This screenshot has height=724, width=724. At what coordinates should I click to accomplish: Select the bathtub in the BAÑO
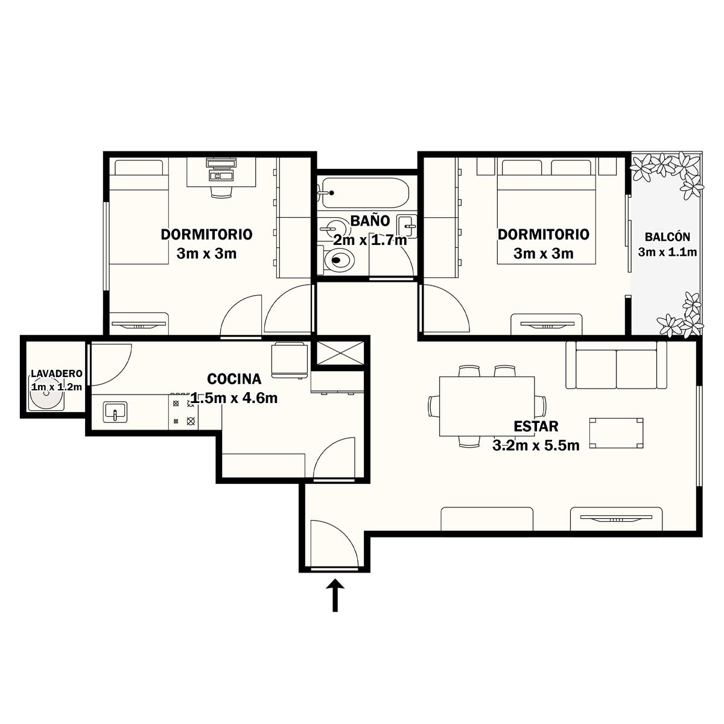(x=365, y=192)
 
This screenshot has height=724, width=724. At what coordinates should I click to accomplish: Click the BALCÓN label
(x=667, y=237)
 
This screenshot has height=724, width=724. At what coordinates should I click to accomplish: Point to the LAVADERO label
(x=57, y=373)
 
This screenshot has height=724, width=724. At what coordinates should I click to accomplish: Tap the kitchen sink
(x=115, y=412)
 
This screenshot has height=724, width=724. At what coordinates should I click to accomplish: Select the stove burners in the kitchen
(x=184, y=412)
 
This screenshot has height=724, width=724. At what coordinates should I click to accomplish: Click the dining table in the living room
(x=487, y=407)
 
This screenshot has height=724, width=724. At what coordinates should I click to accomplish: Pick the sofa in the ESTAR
(x=616, y=365)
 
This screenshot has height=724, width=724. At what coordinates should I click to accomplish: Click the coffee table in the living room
(x=616, y=433)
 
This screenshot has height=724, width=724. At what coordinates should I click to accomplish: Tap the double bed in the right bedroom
(x=547, y=211)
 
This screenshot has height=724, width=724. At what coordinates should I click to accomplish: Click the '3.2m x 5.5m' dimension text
(x=536, y=446)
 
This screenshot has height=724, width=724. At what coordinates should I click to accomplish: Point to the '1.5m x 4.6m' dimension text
(x=234, y=398)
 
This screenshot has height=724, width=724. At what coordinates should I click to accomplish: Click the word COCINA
(x=234, y=379)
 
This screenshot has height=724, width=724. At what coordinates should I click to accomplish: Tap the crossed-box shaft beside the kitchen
(x=341, y=353)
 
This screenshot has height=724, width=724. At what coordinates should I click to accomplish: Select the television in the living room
(x=617, y=518)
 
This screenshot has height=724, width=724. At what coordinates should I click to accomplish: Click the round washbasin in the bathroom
(x=332, y=227)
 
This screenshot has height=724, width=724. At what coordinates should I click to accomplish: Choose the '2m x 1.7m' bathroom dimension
(x=370, y=240)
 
